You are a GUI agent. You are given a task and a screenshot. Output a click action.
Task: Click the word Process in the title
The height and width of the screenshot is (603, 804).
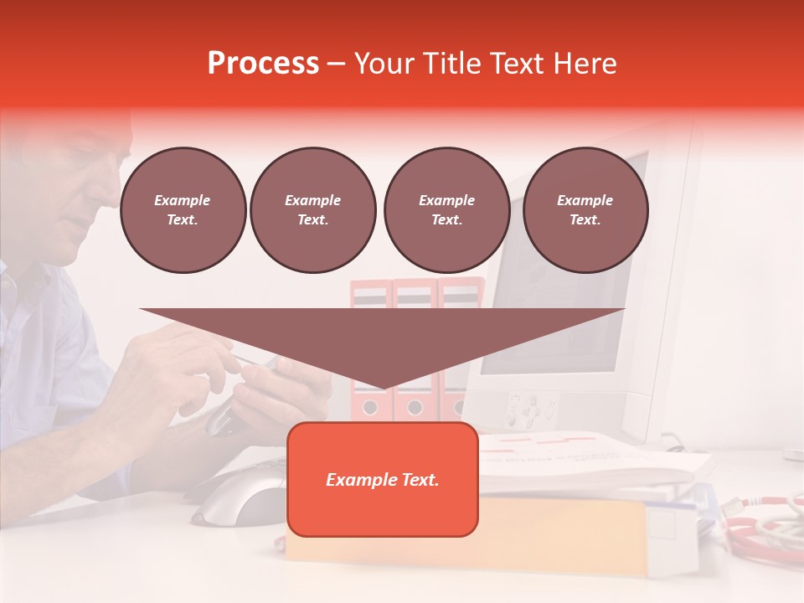[x=263, y=64]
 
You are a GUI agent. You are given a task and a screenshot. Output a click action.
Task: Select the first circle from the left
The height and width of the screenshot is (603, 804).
[x=183, y=210]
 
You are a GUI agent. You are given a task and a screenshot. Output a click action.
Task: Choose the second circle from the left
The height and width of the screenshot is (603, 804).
[x=312, y=210]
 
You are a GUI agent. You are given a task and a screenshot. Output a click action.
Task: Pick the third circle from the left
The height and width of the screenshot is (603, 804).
[x=446, y=210]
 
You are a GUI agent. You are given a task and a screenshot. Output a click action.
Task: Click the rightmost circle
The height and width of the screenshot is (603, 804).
[x=585, y=210]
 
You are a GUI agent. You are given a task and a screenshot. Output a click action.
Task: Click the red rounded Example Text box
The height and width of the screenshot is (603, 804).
[x=383, y=479]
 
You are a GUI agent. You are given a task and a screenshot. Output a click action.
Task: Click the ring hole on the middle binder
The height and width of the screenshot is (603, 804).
[x=414, y=408]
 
